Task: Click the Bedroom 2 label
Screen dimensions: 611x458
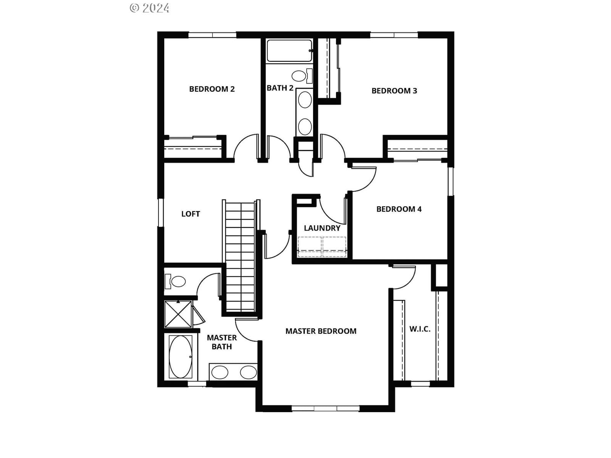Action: pyautogui.click(x=212, y=89)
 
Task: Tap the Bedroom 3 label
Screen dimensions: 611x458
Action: pyautogui.click(x=394, y=91)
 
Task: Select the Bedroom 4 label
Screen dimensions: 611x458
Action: pyautogui.click(x=399, y=209)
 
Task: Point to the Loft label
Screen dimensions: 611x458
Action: pyautogui.click(x=191, y=214)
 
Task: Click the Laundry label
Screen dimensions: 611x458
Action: pyautogui.click(x=322, y=228)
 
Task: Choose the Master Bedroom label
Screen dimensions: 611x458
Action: pyautogui.click(x=321, y=331)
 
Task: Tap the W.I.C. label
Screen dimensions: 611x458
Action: pyautogui.click(x=420, y=329)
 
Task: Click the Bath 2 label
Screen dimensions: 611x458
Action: pyautogui.click(x=280, y=88)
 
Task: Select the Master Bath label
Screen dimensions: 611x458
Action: pyautogui.click(x=221, y=342)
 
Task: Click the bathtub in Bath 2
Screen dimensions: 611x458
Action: pyautogui.click(x=289, y=51)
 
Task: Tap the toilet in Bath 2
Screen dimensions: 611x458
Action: pyautogui.click(x=301, y=76)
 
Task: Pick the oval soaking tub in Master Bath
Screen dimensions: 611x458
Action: pyautogui.click(x=180, y=357)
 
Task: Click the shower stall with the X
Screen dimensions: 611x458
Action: pyautogui.click(x=178, y=314)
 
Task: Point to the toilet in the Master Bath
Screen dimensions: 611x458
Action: pyautogui.click(x=175, y=281)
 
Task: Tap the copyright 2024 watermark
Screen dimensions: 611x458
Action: pyautogui.click(x=149, y=8)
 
